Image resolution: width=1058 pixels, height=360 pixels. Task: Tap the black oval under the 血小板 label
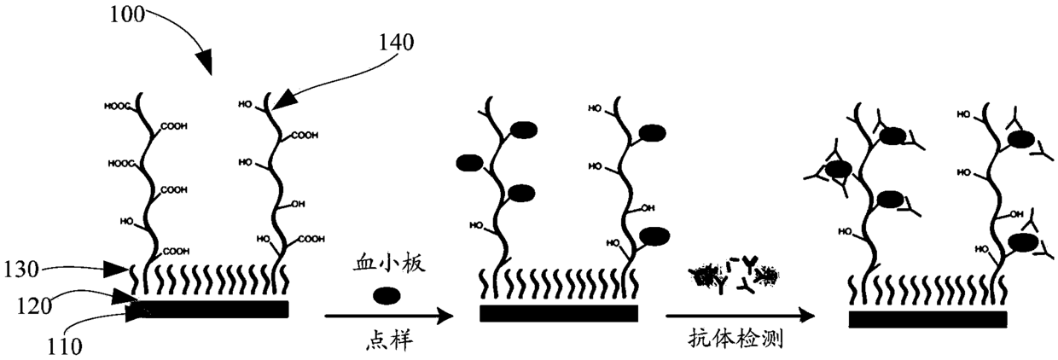387,296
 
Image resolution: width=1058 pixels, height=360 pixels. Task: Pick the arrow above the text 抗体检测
735,316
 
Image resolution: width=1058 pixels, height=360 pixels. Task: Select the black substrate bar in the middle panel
558,313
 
